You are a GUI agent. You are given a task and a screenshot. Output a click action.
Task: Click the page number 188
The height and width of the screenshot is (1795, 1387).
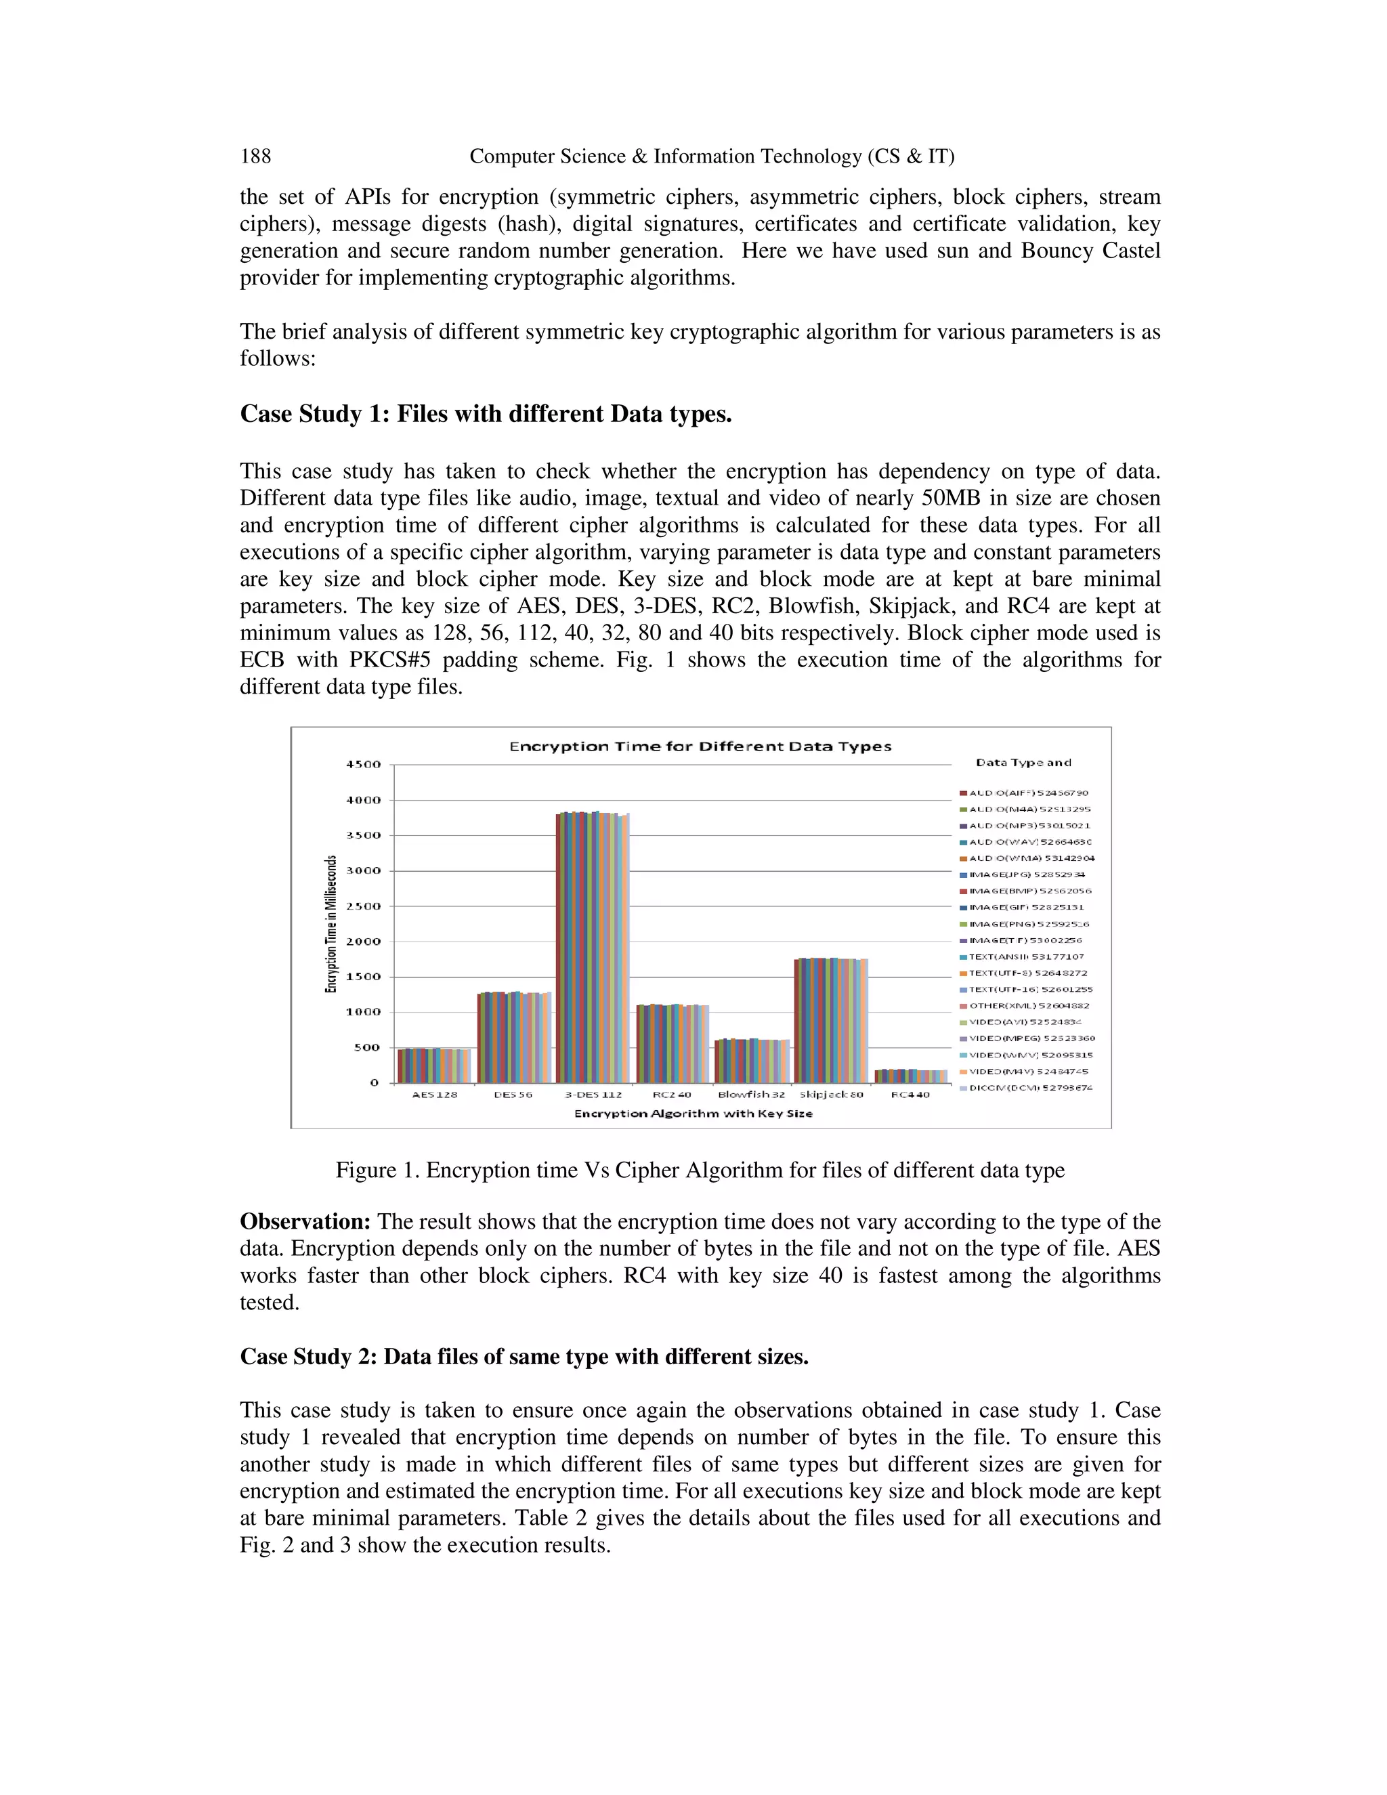tap(255, 156)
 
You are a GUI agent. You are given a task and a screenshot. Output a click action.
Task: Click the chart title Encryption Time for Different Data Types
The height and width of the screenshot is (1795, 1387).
tap(700, 746)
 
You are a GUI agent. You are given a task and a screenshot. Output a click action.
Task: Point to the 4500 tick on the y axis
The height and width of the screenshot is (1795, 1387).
tap(362, 764)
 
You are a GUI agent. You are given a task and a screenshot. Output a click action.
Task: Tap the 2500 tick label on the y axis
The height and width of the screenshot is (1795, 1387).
tap(362, 906)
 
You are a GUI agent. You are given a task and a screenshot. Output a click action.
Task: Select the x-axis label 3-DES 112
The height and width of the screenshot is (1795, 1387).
tap(593, 1095)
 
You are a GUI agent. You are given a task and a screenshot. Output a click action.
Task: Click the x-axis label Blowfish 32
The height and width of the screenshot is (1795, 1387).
tap(751, 1095)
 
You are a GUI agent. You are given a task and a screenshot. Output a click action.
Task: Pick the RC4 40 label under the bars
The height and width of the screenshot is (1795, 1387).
tap(910, 1095)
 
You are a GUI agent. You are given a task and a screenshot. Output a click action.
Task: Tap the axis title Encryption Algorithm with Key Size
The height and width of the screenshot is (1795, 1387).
tap(693, 1114)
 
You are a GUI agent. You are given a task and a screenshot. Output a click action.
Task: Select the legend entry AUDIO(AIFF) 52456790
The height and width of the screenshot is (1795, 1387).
tap(1028, 793)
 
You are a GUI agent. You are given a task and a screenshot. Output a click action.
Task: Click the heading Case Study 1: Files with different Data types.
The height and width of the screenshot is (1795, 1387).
tap(486, 413)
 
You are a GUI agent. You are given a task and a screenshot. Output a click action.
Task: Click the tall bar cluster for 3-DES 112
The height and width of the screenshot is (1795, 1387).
tap(593, 945)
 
